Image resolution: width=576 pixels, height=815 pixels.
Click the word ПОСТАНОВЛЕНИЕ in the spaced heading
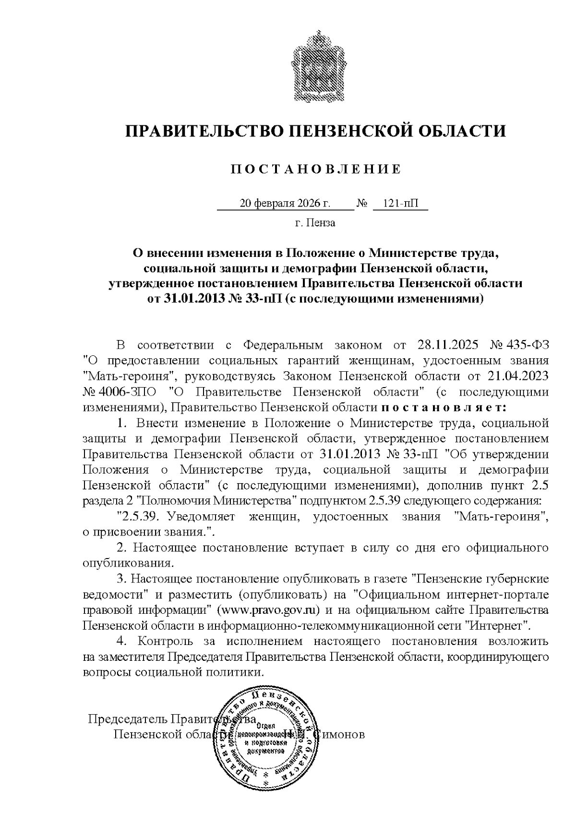pos(315,169)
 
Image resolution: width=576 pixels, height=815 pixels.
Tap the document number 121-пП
pos(400,204)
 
